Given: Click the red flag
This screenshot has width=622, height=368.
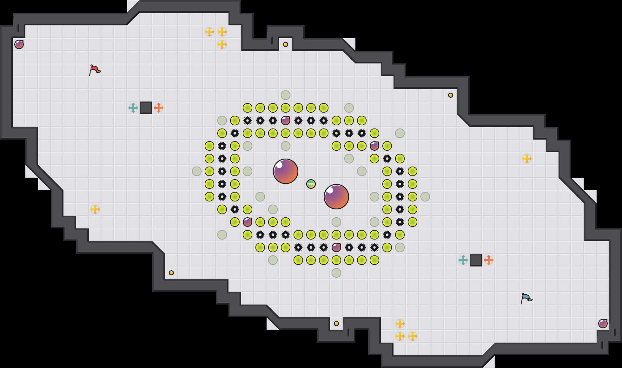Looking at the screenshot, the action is point(94,70).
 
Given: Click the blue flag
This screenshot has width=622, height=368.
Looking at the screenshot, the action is point(526,298).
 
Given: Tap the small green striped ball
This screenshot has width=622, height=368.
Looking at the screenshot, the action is point(311,184).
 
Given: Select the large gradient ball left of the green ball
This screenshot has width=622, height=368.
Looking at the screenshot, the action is point(286,171).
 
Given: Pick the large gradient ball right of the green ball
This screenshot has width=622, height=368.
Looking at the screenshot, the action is point(336,197).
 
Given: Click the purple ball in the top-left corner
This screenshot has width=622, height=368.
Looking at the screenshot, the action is point(19,44).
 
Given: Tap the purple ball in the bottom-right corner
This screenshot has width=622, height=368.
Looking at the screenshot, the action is point(603,324).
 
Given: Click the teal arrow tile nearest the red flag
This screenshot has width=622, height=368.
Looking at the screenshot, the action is point(133,108).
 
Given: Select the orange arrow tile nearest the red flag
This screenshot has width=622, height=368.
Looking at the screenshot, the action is point(159,108).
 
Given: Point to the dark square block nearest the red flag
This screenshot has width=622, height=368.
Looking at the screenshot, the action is point(146,108).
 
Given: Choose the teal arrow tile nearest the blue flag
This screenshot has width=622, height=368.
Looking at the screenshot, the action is point(463,260).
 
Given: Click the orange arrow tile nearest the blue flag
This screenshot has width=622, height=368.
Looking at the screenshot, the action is point(489,260).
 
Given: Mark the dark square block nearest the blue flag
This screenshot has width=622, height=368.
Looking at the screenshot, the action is point(476,260).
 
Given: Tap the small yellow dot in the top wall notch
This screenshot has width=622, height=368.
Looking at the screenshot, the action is point(286,44).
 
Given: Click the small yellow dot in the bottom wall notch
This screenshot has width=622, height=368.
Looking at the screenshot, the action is point(336,324).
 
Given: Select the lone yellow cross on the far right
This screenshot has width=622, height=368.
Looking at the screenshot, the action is point(527,159).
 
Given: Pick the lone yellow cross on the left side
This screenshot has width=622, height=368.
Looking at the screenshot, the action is point(95,209).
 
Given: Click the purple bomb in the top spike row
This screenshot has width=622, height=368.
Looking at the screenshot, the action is point(286,121).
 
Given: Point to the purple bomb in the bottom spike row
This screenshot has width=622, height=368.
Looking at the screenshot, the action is point(336,247).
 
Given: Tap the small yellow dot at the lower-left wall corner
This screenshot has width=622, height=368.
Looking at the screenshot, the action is point(171,273).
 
